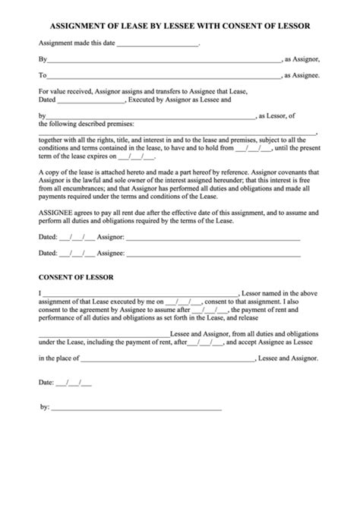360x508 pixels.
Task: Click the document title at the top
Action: (180, 25)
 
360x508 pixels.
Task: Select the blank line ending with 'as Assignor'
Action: (163, 59)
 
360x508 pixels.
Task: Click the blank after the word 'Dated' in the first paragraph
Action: (90, 101)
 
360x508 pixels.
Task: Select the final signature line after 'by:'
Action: (137, 409)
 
